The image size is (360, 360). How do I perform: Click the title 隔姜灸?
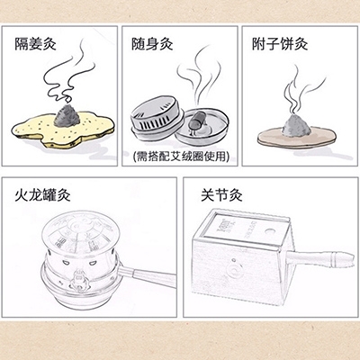36,44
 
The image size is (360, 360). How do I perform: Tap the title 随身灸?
152,44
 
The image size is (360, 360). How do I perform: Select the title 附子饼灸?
280,44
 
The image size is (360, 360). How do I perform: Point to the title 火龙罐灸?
42,195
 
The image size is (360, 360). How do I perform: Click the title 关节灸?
221,195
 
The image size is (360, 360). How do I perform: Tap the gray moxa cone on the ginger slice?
67,116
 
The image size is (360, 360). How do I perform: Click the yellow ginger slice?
63,129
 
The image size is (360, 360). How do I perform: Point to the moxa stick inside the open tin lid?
197,119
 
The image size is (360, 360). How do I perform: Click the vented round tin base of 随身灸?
157,119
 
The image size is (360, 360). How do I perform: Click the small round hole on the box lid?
270,231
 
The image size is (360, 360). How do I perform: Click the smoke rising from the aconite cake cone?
300,90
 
